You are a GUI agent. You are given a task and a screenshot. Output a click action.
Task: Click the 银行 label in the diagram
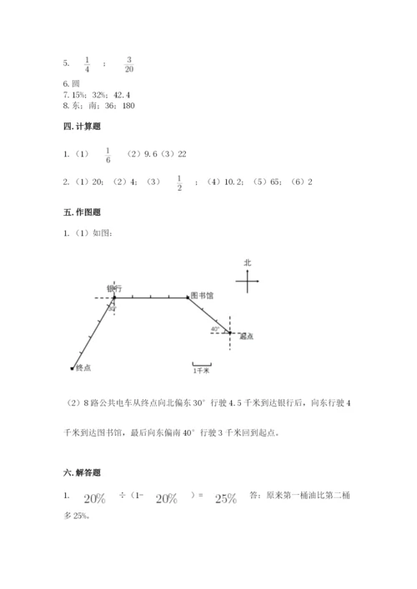(115, 288)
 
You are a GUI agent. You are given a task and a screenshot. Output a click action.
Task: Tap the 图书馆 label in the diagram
(203, 295)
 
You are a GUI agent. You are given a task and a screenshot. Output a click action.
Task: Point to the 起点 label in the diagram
(246, 337)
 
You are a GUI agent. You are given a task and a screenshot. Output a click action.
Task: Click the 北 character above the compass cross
(248, 262)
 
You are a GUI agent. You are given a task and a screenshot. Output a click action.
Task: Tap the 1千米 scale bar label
(201, 371)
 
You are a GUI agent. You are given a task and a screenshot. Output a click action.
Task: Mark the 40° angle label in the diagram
(215, 329)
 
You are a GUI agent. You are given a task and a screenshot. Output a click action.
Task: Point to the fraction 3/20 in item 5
(129, 64)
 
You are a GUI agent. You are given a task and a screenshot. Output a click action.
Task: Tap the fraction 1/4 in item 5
(88, 64)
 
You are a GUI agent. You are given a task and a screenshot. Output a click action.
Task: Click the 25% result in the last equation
(225, 498)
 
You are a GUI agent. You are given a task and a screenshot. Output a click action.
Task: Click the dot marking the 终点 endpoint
(73, 367)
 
